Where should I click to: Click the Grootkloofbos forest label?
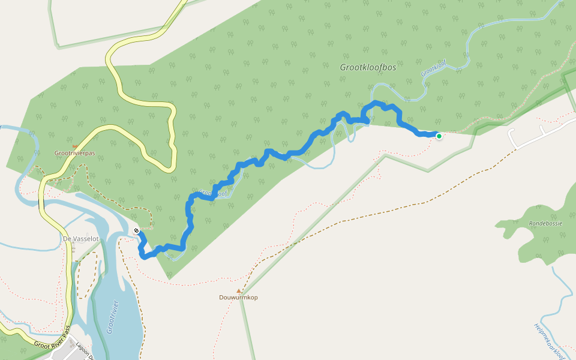tap(368, 68)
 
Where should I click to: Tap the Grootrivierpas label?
tap(75, 154)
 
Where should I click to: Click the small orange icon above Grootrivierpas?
tap(74, 146)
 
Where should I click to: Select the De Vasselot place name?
tap(80, 238)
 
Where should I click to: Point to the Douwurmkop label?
tap(238, 298)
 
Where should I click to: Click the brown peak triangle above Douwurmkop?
tap(238, 290)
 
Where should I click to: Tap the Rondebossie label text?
tap(544, 223)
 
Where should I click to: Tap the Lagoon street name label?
tap(84, 350)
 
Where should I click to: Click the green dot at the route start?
tap(439, 137)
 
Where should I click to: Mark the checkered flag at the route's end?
tap(137, 231)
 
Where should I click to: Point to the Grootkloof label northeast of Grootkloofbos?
tap(433, 67)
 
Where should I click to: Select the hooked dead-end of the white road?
tap(541, 128)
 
